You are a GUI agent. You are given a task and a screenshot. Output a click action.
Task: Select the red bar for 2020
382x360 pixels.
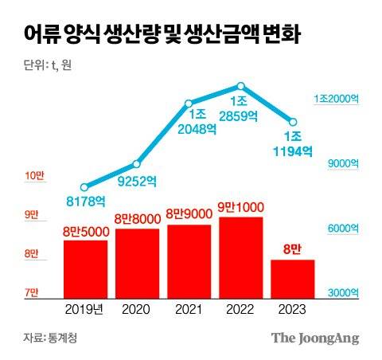click(137, 262)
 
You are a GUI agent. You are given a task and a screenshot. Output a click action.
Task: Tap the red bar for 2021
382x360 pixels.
click(189, 260)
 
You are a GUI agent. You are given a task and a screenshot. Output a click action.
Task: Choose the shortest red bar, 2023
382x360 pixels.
click(292, 277)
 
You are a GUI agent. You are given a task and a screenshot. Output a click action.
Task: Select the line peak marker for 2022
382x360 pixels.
click(240, 86)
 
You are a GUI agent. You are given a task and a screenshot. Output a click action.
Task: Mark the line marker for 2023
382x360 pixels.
click(292, 122)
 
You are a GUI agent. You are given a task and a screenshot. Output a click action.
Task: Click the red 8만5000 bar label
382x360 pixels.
click(85, 231)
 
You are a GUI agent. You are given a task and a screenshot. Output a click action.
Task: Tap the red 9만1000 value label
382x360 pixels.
click(240, 207)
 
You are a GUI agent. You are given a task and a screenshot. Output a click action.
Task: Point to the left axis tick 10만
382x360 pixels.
click(34, 175)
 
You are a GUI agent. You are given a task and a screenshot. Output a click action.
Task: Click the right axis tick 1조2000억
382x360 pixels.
click(337, 99)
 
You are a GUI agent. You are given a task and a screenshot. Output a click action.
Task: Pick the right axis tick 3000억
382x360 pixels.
click(344, 293)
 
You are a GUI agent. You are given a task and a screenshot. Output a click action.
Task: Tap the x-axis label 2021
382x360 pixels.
click(189, 308)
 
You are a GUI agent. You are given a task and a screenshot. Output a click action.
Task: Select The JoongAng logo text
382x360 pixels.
click(315, 338)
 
